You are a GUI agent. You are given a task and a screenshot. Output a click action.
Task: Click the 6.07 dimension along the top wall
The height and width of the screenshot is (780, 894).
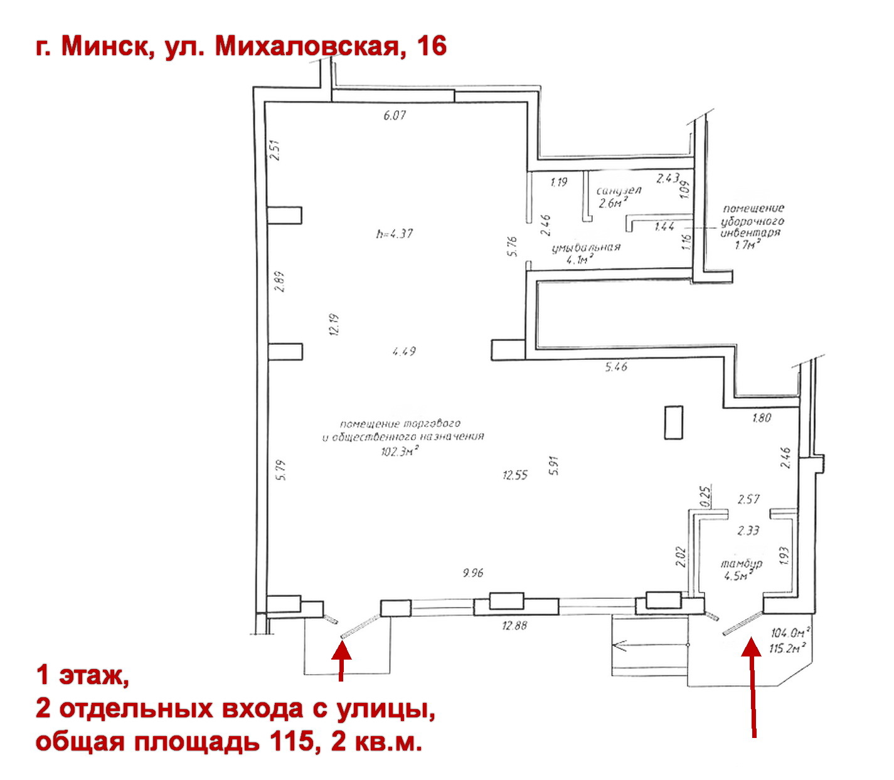[x=395, y=115]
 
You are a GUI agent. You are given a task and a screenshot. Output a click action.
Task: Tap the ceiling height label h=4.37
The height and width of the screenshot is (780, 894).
[x=395, y=234]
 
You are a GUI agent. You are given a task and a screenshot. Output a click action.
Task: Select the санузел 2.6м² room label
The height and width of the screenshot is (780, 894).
[x=617, y=197]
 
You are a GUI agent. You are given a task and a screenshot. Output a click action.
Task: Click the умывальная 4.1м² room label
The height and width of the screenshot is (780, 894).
[x=586, y=253]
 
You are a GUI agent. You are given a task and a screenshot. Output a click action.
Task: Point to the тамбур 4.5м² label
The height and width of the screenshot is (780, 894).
[x=741, y=569]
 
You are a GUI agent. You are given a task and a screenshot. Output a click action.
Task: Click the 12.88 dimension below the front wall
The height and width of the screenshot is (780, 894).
[x=514, y=625]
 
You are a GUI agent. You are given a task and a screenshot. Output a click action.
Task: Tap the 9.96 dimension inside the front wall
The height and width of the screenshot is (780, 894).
[x=472, y=572]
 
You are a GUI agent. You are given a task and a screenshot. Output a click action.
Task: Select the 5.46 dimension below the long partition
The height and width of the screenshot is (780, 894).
[x=616, y=367]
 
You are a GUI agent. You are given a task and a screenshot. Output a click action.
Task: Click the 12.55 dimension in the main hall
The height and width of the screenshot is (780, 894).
[x=515, y=475]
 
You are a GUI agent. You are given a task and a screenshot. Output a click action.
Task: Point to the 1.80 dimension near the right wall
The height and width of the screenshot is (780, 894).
[x=761, y=418]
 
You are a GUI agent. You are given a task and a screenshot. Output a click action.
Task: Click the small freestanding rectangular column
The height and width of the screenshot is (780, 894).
[x=673, y=423]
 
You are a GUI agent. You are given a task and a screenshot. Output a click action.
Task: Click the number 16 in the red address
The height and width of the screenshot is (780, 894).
[x=431, y=46]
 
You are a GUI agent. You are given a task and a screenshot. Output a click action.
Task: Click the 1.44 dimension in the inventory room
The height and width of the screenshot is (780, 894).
[x=664, y=226]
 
